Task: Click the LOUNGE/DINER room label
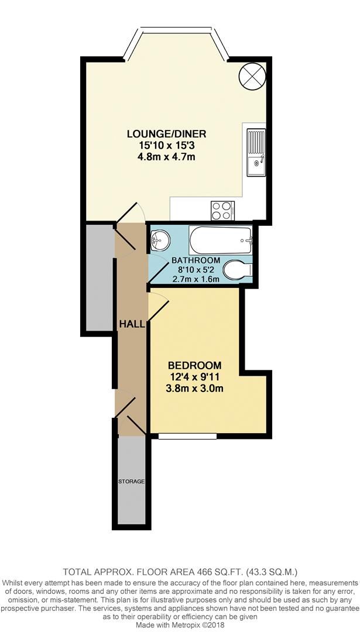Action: (167, 134)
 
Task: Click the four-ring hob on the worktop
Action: (222, 209)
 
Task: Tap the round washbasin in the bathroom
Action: (159, 239)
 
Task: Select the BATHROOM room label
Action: (196, 260)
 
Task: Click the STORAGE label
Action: (131, 482)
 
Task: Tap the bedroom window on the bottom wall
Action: (187, 436)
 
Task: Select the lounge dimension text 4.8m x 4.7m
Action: (167, 156)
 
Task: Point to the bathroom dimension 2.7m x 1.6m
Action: (196, 279)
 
